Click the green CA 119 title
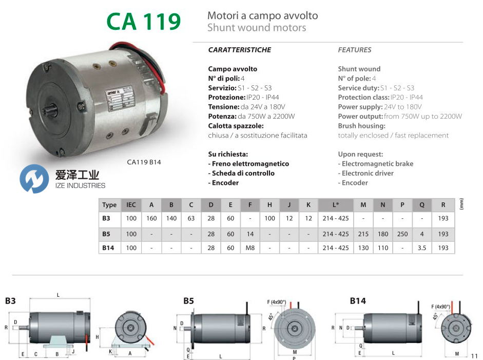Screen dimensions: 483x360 tap(144, 21)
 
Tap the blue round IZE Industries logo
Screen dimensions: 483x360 tap(34, 179)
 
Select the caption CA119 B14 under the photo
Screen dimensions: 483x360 tap(144, 162)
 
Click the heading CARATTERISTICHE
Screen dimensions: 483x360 tap(240, 50)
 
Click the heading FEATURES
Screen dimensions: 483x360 tap(355, 50)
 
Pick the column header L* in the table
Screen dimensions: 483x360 tap(336, 205)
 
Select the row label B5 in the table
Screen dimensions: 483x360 tap(106, 234)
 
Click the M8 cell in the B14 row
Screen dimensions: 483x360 tap(250, 248)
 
